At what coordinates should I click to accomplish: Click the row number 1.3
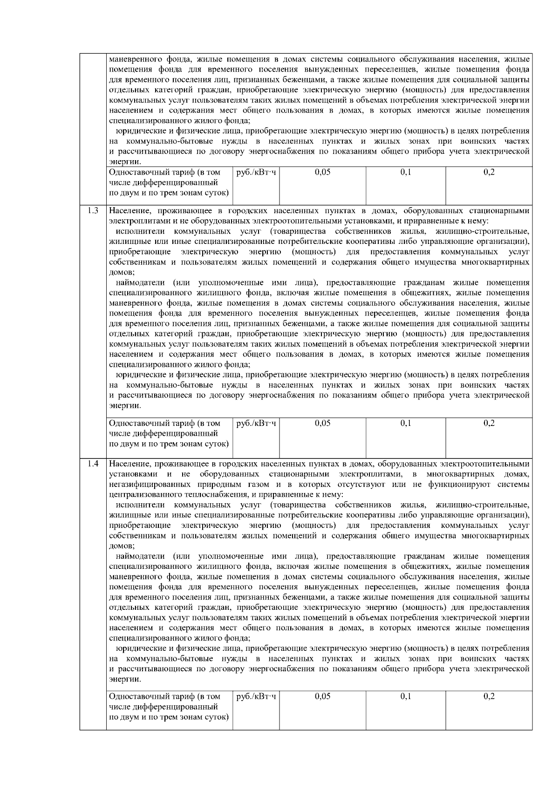coord(93,211)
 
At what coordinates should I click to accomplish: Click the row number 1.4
coord(93,464)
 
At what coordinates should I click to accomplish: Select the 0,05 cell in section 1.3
coord(322,423)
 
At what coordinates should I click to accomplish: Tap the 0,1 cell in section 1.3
coord(405,423)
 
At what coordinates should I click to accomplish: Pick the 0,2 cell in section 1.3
coord(489,423)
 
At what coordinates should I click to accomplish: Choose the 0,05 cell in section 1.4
coord(322,696)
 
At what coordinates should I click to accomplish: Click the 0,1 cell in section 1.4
coord(405,696)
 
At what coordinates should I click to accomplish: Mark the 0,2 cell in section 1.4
coord(489,696)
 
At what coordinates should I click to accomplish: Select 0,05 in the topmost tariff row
coord(322,172)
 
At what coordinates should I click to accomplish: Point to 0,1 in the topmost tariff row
coord(405,172)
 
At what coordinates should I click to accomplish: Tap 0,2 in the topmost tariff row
coord(489,172)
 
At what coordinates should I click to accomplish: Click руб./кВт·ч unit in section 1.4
coord(256,696)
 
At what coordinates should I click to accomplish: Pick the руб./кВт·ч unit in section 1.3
coord(256,423)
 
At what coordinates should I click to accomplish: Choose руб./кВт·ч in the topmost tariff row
coord(256,172)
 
